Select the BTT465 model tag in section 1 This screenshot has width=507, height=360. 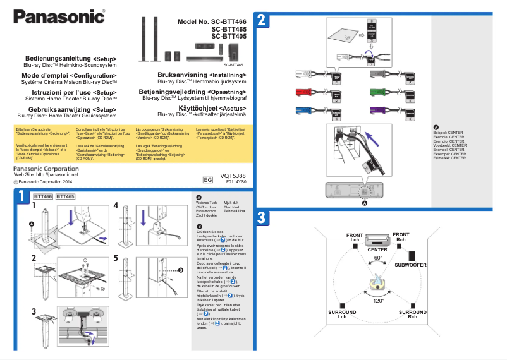tap(65, 197)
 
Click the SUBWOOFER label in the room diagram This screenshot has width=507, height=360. tap(410, 265)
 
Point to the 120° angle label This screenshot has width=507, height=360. tap(379, 301)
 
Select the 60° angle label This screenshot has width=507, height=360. tap(377, 258)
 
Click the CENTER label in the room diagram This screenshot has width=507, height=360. tap(377, 249)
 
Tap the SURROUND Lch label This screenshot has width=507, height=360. tap(342, 314)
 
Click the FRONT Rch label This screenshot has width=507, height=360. tap(401, 237)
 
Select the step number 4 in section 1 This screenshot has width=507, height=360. tap(116, 206)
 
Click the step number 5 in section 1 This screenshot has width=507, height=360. tap(116, 258)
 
